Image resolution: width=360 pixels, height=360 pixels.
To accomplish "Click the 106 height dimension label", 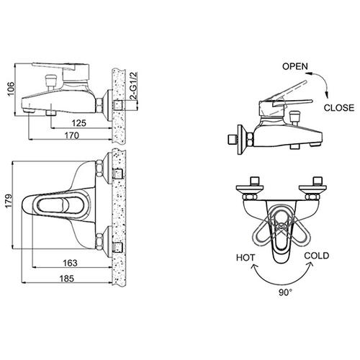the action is tap(11, 89).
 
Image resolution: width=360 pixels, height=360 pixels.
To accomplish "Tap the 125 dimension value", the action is tap(79, 123).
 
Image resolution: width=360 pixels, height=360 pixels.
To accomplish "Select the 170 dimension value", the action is tap(72, 135).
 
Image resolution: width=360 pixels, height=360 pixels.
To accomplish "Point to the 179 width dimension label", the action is tap(9, 201).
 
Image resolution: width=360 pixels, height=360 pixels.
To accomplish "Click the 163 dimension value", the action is tap(70, 263).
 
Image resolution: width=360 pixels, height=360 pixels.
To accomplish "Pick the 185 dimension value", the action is tap(67, 279).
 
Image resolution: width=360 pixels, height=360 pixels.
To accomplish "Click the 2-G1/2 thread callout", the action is tap(133, 86).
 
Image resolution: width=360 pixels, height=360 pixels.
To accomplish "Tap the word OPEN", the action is tap(295, 66).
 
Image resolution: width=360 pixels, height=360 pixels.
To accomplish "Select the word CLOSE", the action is tap(339, 108).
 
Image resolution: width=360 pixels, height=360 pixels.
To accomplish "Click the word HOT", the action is tap(246, 258).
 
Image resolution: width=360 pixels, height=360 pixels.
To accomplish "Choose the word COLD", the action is tap(317, 256).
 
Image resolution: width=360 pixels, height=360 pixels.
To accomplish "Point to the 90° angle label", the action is tap(285, 292).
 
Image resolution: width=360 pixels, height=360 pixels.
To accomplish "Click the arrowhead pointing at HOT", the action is tap(253, 266).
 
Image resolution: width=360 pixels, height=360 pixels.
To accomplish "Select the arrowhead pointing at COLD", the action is tap(311, 264).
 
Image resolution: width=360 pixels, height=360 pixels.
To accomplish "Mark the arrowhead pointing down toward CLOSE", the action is tap(327, 95).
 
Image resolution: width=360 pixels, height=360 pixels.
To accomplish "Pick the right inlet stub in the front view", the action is tap(318, 181).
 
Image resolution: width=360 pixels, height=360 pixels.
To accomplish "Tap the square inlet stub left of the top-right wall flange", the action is tap(232, 140).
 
